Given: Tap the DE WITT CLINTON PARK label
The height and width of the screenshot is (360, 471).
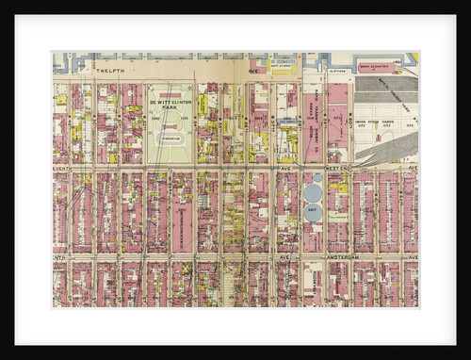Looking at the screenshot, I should click(170, 103).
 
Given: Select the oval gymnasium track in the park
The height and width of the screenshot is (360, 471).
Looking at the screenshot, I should click(171, 138).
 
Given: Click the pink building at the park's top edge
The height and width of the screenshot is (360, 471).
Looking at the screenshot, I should click(170, 94).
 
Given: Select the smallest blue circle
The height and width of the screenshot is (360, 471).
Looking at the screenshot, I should click(317, 177).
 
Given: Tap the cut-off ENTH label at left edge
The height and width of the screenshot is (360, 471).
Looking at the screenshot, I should click(58, 255).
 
